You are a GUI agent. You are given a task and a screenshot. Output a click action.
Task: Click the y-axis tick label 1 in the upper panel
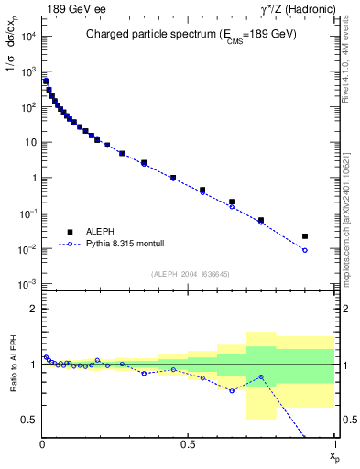point(32,179)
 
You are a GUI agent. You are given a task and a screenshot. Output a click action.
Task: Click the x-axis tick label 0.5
point(189,445)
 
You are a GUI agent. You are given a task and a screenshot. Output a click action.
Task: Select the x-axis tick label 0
point(42,445)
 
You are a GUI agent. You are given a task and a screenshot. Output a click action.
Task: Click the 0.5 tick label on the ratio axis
point(27,420)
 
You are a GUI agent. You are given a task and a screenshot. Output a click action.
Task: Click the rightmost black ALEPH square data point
point(305,236)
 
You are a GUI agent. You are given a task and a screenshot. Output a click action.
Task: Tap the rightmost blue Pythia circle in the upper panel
point(305,250)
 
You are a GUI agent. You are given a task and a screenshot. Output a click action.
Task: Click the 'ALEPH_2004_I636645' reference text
point(188,274)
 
